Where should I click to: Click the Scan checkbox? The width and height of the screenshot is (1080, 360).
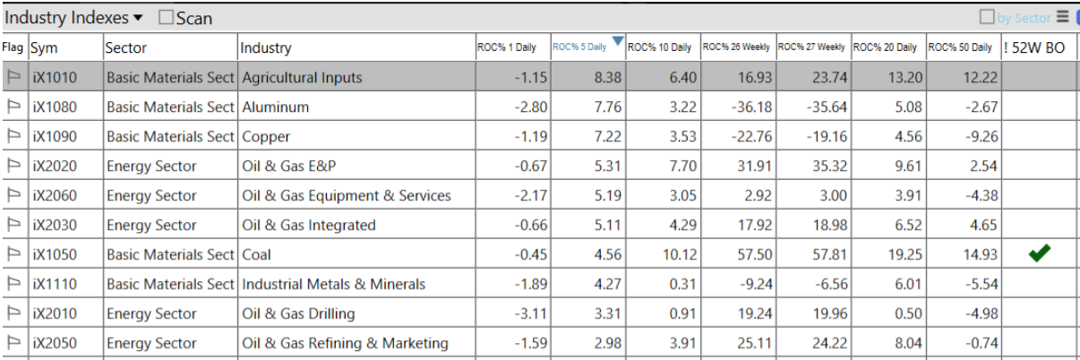click(x=166, y=18)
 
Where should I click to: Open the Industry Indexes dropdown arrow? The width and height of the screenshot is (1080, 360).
click(x=138, y=18)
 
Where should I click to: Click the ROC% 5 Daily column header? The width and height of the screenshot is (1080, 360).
click(x=579, y=47)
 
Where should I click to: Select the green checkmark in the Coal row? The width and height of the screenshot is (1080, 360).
click(x=1039, y=254)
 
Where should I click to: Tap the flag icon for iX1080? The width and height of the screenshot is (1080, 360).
click(x=14, y=107)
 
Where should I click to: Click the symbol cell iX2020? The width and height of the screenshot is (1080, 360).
click(x=55, y=167)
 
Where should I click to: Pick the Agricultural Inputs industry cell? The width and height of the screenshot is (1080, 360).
click(x=302, y=78)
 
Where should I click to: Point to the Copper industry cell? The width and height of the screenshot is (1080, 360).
click(x=266, y=137)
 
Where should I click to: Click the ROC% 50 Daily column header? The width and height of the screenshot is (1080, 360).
click(x=960, y=47)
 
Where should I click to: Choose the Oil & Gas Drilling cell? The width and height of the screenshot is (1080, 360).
click(x=298, y=313)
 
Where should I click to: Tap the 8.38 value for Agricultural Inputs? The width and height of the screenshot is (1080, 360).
click(x=607, y=78)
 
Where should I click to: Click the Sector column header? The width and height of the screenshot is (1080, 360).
click(x=126, y=47)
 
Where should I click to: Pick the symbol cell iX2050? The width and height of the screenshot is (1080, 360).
click(x=55, y=343)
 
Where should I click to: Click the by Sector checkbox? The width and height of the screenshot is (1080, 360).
click(x=987, y=17)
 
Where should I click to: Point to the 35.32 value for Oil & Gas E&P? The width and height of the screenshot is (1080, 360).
click(x=828, y=167)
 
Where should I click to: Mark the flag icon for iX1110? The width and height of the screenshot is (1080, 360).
click(x=14, y=284)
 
